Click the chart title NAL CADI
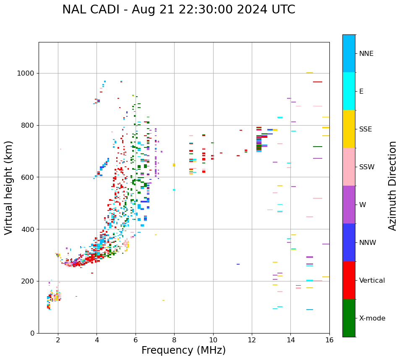pyautogui.click(x=178, y=10)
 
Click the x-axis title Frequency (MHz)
pyautogui.click(x=183, y=350)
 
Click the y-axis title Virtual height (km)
pyautogui.click(x=9, y=187)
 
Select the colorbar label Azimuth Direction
pyautogui.click(x=392, y=185)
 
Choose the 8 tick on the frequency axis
pyautogui.click(x=174, y=340)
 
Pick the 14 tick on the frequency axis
pyautogui.click(x=290, y=340)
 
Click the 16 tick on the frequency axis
pyautogui.click(x=329, y=340)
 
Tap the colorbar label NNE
pyautogui.click(x=366, y=53)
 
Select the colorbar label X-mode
pyautogui.click(x=372, y=318)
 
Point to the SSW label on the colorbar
pyautogui.click(x=367, y=167)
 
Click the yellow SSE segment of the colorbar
pyautogui.click(x=349, y=129)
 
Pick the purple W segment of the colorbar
pyautogui.click(x=349, y=205)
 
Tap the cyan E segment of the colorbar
pyautogui.click(x=349, y=91)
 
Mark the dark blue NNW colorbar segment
pyautogui.click(x=349, y=242)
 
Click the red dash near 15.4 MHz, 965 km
pyautogui.click(x=318, y=82)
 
